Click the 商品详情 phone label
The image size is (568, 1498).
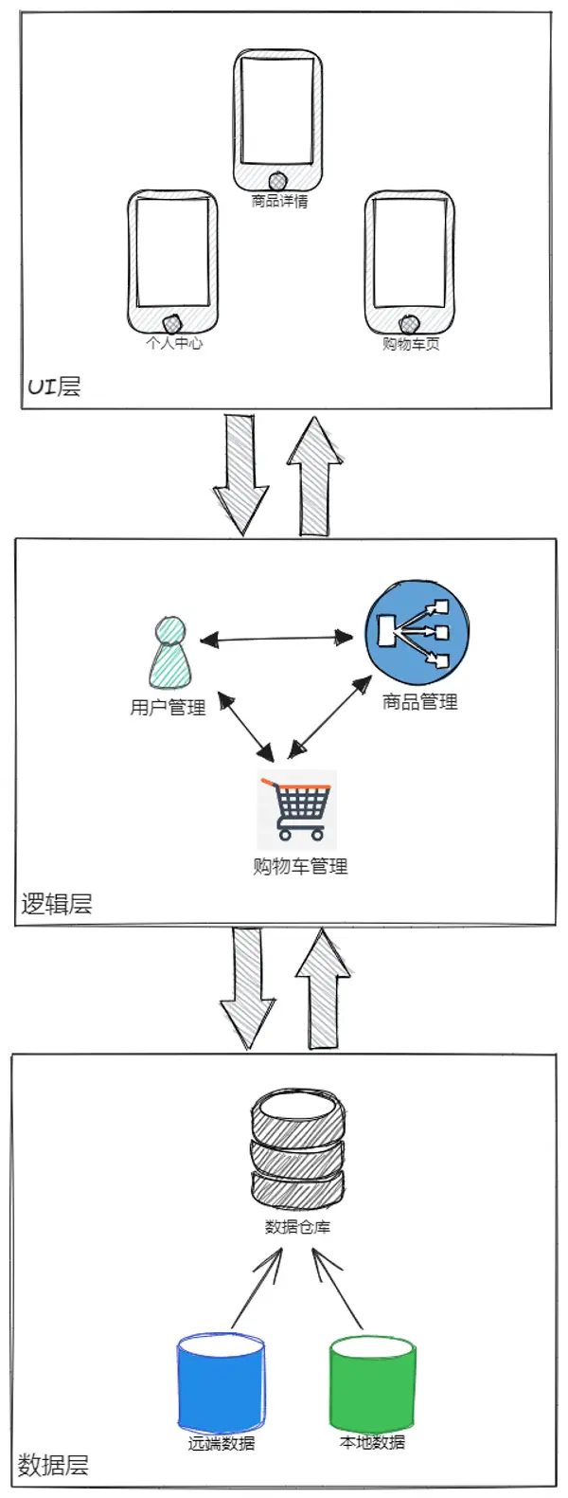pyautogui.click(x=279, y=201)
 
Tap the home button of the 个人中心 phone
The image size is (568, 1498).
pyautogui.click(x=173, y=324)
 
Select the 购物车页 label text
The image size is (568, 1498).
pyautogui.click(x=411, y=344)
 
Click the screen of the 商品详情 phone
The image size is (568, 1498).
pyautogui.click(x=277, y=111)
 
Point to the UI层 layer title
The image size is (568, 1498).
pyautogui.click(x=53, y=387)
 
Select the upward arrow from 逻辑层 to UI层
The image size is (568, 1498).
pyautogui.click(x=314, y=477)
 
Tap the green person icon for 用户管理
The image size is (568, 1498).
pyautogui.click(x=169, y=652)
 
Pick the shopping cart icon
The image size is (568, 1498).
pyautogui.click(x=297, y=809)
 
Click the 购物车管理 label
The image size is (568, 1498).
pyautogui.click(x=301, y=867)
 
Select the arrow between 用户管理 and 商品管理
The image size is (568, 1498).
pyautogui.click(x=276, y=640)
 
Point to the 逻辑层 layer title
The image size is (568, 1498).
pyautogui.click(x=57, y=904)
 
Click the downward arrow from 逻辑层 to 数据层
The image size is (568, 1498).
pyautogui.click(x=247, y=988)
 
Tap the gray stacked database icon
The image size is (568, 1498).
pyautogui.click(x=298, y=1146)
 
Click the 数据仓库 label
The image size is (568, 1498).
pyautogui.click(x=298, y=1227)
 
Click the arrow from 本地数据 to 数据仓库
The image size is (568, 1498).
pyautogui.click(x=337, y=1290)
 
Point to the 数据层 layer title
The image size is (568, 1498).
pyautogui.click(x=53, y=1464)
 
